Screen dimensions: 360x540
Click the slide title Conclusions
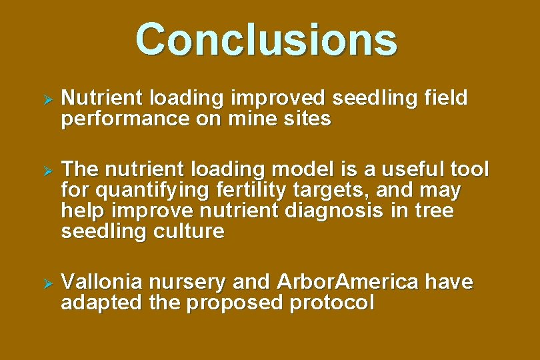click(266, 39)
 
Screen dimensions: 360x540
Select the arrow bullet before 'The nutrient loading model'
click(47, 170)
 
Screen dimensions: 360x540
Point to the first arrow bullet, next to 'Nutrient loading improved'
click(47, 99)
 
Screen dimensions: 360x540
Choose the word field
click(446, 99)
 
